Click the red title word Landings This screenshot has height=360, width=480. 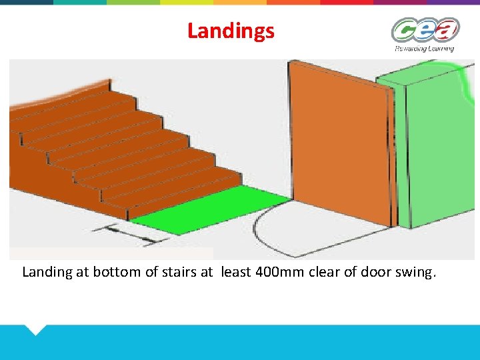[x=231, y=31]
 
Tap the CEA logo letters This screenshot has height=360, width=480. [x=425, y=31]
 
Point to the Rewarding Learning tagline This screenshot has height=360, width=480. [x=425, y=48]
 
